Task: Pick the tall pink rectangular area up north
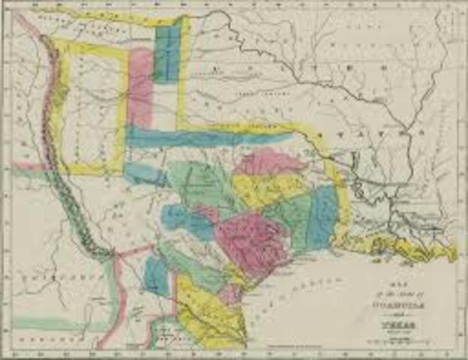coord(140,86)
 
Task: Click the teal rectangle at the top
coord(166,52)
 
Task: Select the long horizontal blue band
coord(202,138)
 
